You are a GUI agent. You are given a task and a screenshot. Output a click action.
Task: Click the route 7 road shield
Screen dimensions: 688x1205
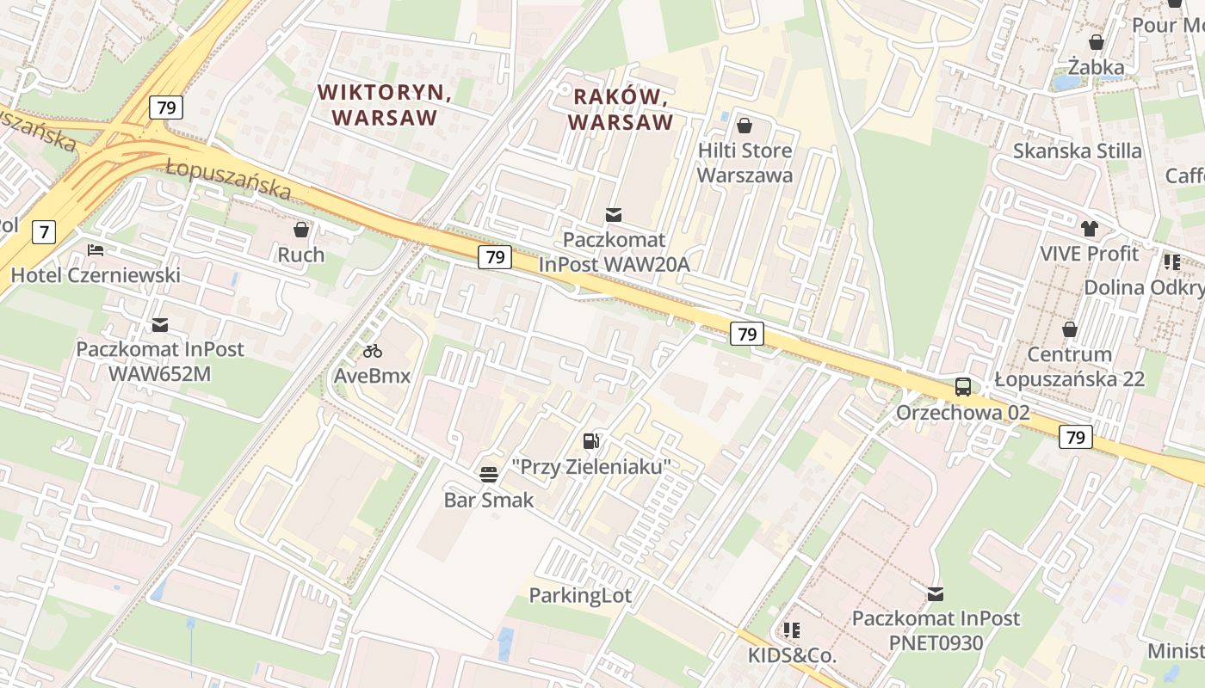[44, 231]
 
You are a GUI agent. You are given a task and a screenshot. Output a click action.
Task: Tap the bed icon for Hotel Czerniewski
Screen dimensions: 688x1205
[96, 250]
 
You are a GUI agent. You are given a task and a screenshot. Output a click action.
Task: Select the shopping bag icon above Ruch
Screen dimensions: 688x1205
[301, 230]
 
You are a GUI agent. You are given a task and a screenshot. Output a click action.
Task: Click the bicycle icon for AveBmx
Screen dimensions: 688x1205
[373, 351]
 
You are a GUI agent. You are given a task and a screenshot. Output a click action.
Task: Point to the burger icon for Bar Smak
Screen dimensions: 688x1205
[489, 474]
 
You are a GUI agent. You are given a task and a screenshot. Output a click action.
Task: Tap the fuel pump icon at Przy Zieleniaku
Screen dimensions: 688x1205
[591, 441]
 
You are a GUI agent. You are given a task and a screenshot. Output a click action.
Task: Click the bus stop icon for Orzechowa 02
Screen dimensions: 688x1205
[963, 387]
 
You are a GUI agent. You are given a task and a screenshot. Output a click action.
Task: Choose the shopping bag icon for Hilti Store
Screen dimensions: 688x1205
[745, 126]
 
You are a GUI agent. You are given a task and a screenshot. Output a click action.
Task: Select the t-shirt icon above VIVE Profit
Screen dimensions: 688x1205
[1090, 229]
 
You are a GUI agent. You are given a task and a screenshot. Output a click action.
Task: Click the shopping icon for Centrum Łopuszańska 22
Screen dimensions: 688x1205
[1070, 329]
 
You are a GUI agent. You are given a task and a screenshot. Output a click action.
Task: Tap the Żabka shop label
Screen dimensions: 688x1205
[1096, 67]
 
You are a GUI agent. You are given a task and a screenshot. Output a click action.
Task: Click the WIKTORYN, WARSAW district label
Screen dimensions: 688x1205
[385, 104]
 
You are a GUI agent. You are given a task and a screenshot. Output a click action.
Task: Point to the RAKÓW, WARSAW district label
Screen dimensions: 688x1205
[620, 109]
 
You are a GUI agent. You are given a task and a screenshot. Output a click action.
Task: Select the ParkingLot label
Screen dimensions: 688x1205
[580, 595]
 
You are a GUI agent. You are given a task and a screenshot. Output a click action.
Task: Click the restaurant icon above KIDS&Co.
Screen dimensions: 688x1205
[792, 630]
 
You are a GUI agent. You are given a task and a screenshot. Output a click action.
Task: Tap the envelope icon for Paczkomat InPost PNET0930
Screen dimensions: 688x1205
[936, 593]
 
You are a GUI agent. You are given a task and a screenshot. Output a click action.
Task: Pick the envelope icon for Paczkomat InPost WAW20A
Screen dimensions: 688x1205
[614, 214]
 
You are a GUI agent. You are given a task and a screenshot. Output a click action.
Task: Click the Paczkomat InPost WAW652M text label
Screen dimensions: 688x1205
[160, 361]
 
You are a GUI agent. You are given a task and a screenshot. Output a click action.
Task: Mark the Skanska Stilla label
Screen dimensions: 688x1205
[1077, 151]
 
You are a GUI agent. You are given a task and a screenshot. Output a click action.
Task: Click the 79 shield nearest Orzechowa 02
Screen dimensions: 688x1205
[1075, 437]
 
